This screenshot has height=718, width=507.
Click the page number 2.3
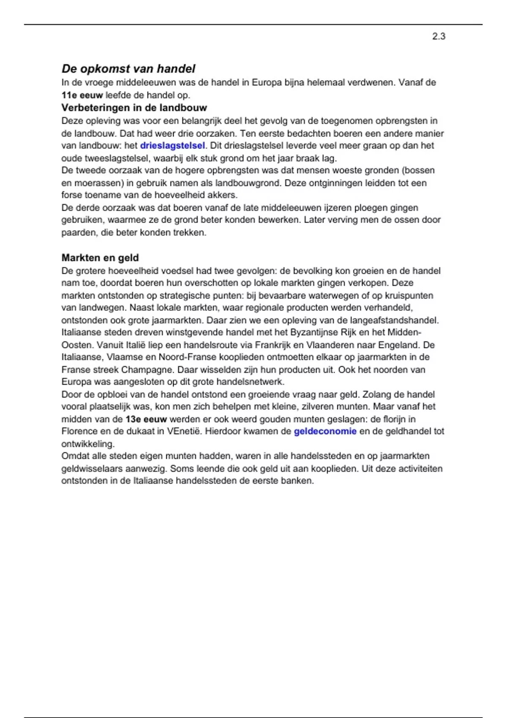[439, 36]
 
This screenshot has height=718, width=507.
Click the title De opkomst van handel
[128, 68]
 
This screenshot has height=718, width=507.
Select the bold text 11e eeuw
[82, 95]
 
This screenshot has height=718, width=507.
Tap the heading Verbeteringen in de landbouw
[134, 108]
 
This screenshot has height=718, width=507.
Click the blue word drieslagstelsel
[172, 146]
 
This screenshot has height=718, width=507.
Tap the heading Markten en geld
[100, 258]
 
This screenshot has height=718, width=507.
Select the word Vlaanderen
[335, 345]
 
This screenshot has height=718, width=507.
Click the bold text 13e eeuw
[146, 419]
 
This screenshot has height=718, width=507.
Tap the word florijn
[393, 419]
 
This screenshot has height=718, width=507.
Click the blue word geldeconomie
[325, 432]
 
